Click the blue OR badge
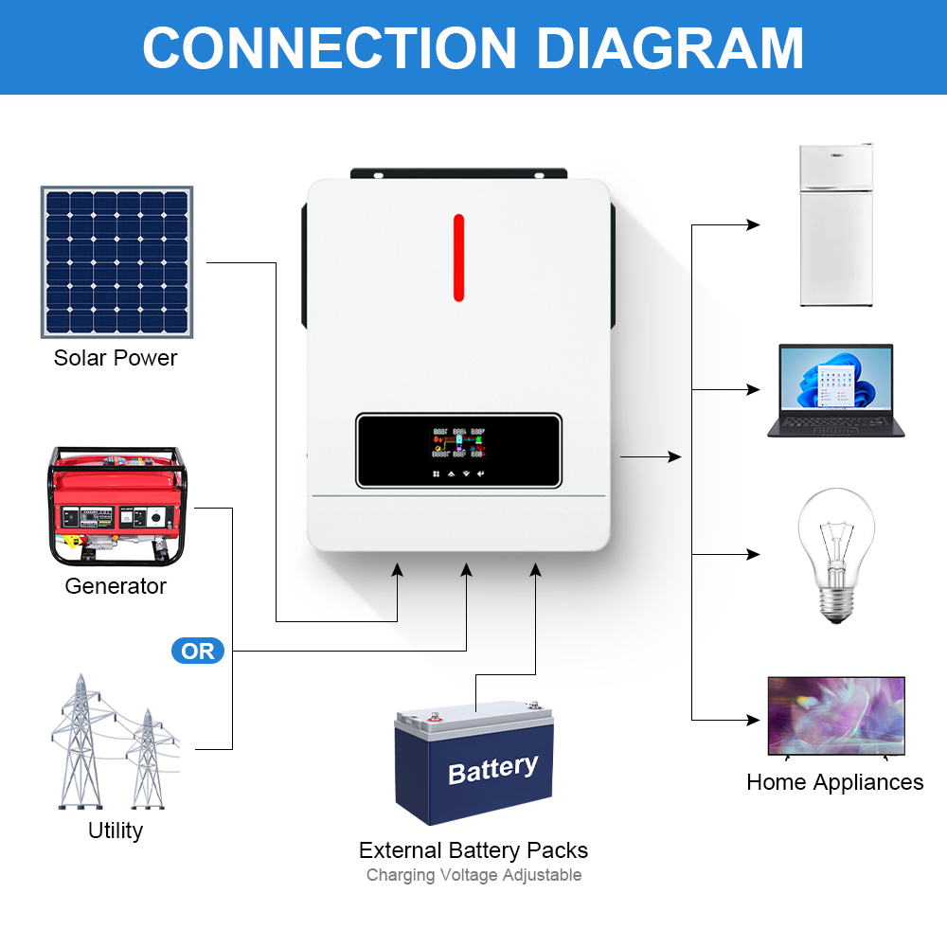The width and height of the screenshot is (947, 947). coord(198,652)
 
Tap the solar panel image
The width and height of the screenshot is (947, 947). coord(116,262)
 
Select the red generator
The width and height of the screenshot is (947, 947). coord(117,507)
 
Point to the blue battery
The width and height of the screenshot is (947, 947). coord(473,762)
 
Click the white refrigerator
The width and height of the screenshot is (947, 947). coord(835,225)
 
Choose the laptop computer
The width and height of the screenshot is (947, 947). coord(835,390)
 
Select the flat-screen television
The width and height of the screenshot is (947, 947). coord(835,716)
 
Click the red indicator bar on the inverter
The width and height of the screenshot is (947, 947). coord(458,258)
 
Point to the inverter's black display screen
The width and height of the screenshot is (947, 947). coord(459,451)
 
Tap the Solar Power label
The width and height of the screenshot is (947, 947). coord(116,358)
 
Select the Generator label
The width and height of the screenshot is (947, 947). coord(116,586)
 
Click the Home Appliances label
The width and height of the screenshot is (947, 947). coord(834,782)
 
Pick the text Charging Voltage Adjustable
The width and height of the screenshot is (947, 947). coord(473,875)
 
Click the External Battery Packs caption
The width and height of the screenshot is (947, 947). coord(473,850)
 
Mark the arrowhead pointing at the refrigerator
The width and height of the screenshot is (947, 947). coord(754,225)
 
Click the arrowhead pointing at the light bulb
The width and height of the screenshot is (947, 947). coord(754,554)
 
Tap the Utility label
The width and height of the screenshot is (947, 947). coord(116,831)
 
